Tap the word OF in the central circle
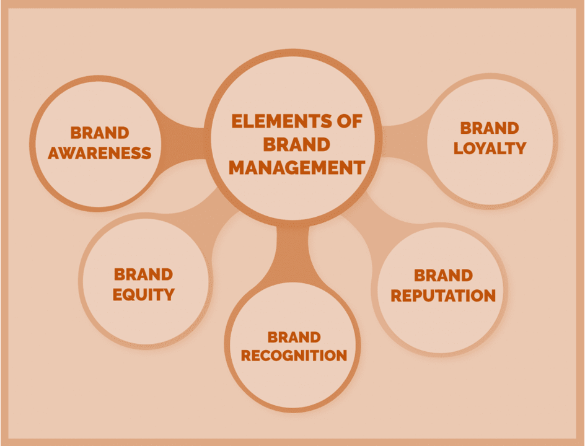tap(347, 121)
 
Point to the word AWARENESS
tap(100, 152)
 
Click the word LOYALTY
tap(490, 148)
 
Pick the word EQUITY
tap(144, 294)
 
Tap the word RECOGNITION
tap(294, 356)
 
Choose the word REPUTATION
tap(443, 295)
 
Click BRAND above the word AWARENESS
tap(100, 133)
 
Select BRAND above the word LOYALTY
tap(490, 128)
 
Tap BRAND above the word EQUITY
tap(144, 274)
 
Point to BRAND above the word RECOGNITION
tap(294, 337)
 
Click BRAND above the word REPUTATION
tap(443, 275)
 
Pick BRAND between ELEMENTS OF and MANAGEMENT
tap(296, 144)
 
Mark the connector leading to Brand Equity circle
tap(211, 214)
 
